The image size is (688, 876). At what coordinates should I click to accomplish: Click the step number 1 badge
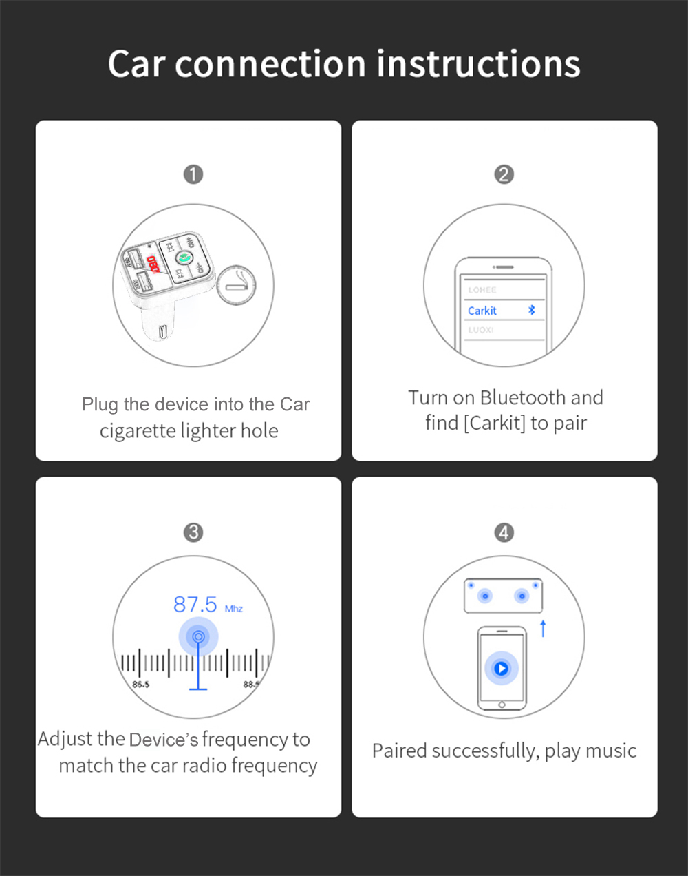click(x=193, y=174)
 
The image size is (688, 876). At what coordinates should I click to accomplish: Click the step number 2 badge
click(x=504, y=174)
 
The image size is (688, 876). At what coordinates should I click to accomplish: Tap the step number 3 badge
click(x=193, y=532)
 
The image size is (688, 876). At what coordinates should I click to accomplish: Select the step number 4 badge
click(x=504, y=532)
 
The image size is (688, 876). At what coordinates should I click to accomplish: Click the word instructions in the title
click(x=478, y=64)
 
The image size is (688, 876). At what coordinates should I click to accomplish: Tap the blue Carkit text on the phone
click(x=482, y=311)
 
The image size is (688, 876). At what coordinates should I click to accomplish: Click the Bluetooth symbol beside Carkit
click(x=531, y=310)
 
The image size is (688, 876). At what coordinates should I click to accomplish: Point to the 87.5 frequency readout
click(x=195, y=605)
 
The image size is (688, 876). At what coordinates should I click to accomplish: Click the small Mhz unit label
click(x=234, y=609)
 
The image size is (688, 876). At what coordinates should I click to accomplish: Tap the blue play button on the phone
click(x=502, y=668)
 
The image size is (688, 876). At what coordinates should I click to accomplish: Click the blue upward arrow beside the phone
click(x=543, y=628)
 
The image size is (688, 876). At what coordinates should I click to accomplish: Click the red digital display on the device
click(x=153, y=264)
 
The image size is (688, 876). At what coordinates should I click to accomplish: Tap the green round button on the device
click(x=184, y=259)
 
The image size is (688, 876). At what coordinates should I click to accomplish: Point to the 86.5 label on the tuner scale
click(x=140, y=684)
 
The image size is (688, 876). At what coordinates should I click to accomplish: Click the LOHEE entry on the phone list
click(x=482, y=290)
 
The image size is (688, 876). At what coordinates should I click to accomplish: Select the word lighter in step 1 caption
click(x=208, y=431)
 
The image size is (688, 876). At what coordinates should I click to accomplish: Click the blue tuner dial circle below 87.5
click(x=198, y=636)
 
